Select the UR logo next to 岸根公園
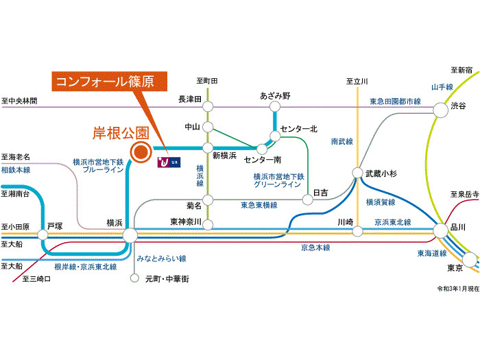168,163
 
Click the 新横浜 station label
224,156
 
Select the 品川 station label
458,227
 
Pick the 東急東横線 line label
259,205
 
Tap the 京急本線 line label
315,248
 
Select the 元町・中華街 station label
167,279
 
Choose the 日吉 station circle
307,200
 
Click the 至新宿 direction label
461,70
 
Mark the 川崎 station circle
357,232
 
